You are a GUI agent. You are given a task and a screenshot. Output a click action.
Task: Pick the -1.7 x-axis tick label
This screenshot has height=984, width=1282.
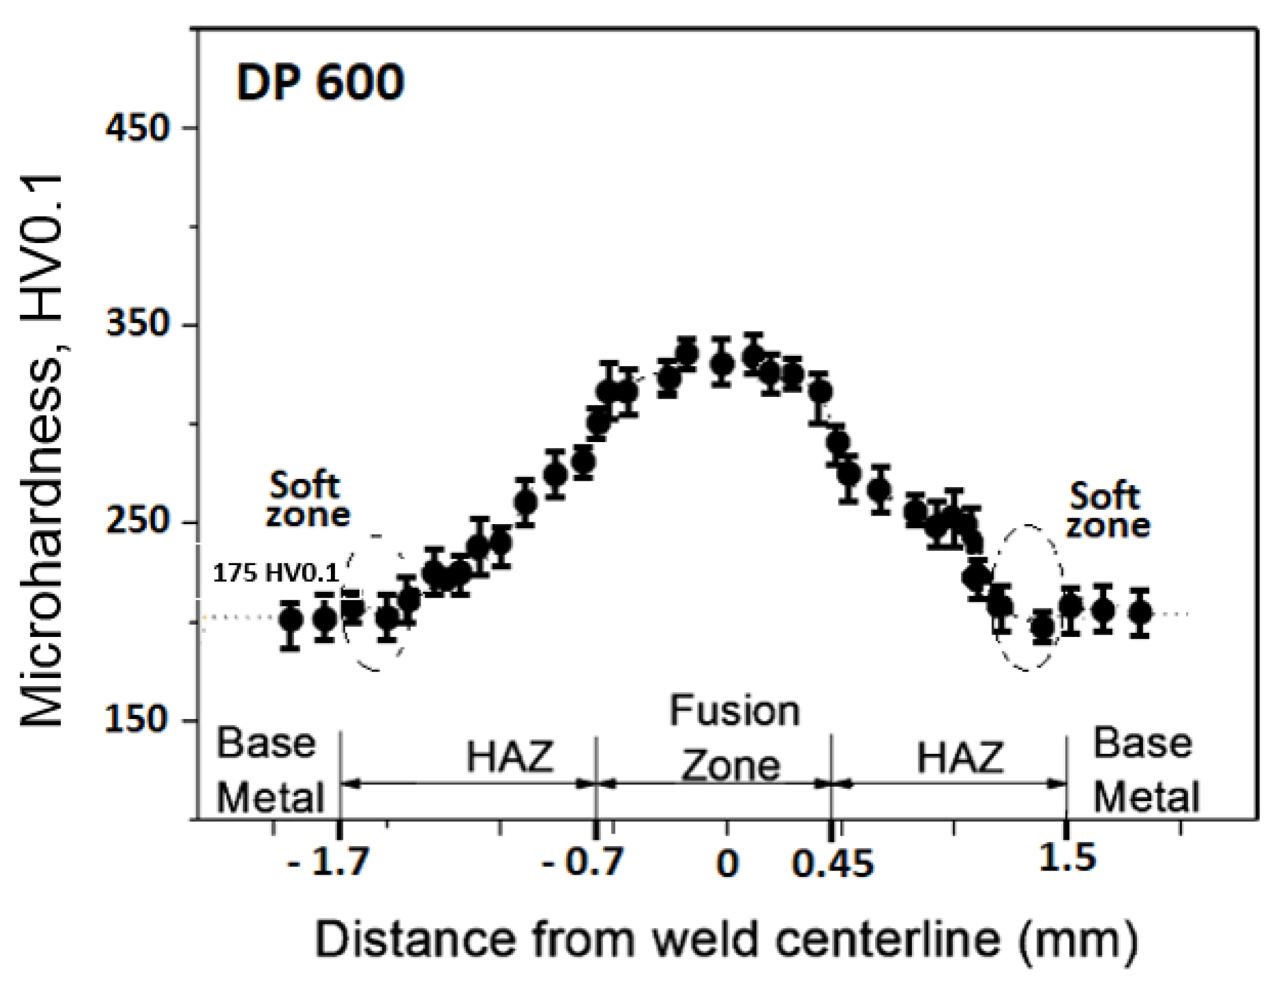click(x=328, y=862)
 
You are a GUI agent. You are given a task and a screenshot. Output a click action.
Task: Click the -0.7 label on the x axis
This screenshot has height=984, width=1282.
click(x=582, y=862)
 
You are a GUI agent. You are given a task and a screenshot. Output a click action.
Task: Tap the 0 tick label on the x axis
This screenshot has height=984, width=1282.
click(x=727, y=863)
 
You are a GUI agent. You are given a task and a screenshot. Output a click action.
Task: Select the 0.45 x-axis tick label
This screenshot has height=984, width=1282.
click(x=832, y=863)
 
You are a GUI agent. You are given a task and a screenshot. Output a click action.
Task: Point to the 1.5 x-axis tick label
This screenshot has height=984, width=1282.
click(x=1066, y=857)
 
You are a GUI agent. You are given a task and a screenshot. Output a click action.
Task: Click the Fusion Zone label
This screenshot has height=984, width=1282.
click(x=734, y=739)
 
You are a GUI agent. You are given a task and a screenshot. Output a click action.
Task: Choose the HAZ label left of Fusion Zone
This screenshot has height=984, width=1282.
click(x=510, y=757)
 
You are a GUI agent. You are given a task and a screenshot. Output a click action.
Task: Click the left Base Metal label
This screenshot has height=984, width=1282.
click(x=269, y=770)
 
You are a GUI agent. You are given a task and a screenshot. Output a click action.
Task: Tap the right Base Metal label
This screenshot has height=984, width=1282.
click(x=1145, y=770)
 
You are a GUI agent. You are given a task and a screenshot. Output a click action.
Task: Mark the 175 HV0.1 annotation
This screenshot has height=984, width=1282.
click(x=276, y=573)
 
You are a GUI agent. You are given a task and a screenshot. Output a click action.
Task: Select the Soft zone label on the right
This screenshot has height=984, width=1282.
click(x=1107, y=510)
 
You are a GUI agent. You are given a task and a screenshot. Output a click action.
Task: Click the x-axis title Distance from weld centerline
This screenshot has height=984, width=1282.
click(x=726, y=939)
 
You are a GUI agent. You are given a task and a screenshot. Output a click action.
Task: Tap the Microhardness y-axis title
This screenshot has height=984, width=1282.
click(x=42, y=450)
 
